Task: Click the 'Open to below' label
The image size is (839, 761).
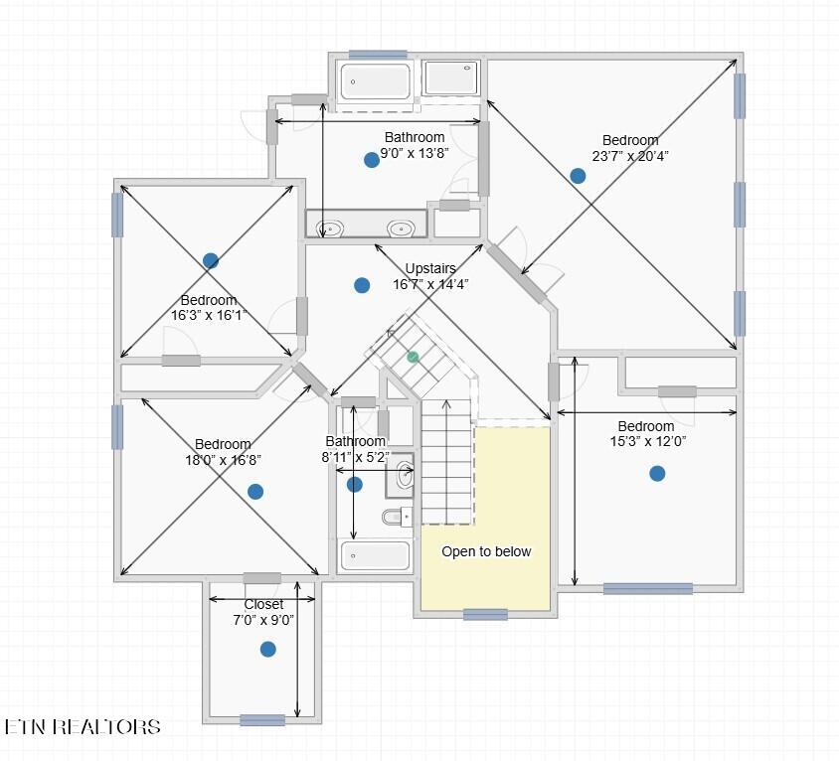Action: [x=486, y=551]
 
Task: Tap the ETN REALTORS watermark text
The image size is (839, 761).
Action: [x=83, y=727]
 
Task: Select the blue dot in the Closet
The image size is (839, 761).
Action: [x=267, y=649]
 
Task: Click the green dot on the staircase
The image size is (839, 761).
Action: [x=413, y=357]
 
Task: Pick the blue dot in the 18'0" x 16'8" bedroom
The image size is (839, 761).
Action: [x=255, y=491]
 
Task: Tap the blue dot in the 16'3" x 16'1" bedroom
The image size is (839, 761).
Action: [x=211, y=260]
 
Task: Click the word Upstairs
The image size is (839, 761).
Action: [x=430, y=268]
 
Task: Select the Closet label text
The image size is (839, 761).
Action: [x=263, y=604]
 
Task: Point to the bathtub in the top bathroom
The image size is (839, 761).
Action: [x=375, y=81]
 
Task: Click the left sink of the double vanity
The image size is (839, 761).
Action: [x=329, y=228]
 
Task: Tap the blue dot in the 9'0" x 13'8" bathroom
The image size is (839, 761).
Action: [x=372, y=159]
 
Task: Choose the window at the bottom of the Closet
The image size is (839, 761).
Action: [x=262, y=720]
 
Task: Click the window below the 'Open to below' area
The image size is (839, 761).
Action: [x=485, y=614]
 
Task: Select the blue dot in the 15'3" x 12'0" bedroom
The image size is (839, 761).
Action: [x=657, y=473]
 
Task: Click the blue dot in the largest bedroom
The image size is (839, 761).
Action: [x=578, y=176]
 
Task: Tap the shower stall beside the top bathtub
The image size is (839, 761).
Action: [x=452, y=78]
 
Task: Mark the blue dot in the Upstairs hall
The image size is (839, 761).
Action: [x=362, y=285]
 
